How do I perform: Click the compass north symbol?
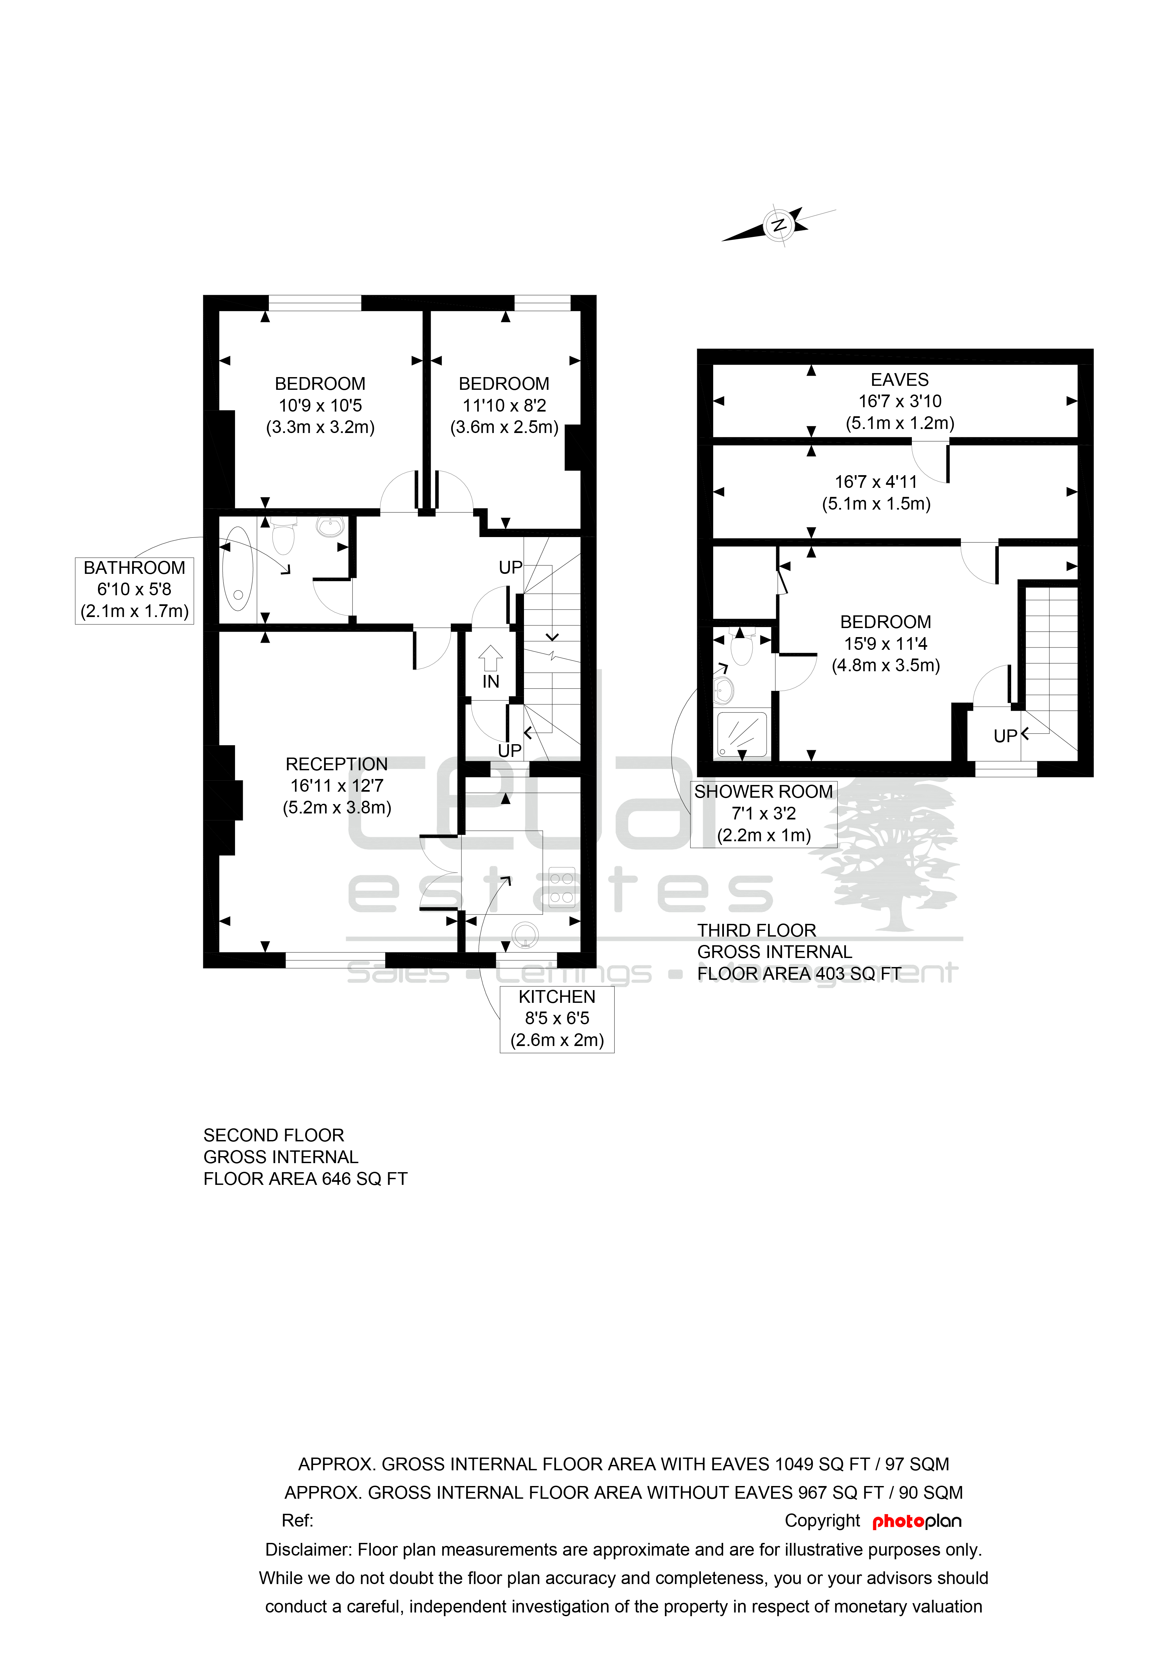click(x=779, y=225)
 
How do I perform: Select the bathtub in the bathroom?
click(x=238, y=569)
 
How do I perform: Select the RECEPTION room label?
click(x=337, y=764)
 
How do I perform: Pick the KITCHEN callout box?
click(x=557, y=1019)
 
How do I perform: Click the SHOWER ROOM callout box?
click(x=763, y=814)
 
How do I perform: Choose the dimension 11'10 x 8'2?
click(x=504, y=406)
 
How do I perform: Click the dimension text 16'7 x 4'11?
click(x=876, y=482)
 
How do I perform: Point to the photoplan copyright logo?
click(x=917, y=1522)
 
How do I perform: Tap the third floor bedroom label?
click(x=885, y=622)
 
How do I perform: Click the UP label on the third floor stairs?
click(x=1005, y=736)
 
